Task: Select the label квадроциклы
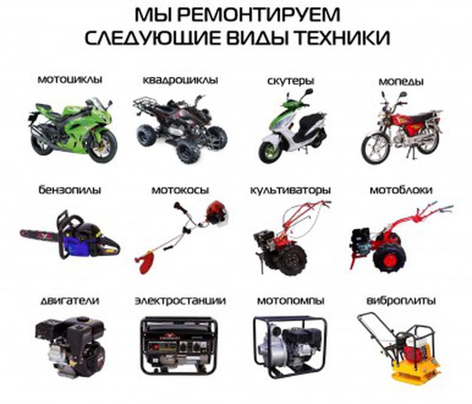[180, 79]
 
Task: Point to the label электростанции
[180, 301]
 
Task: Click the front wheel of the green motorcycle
[101, 145]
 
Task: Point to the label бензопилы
[70, 190]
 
